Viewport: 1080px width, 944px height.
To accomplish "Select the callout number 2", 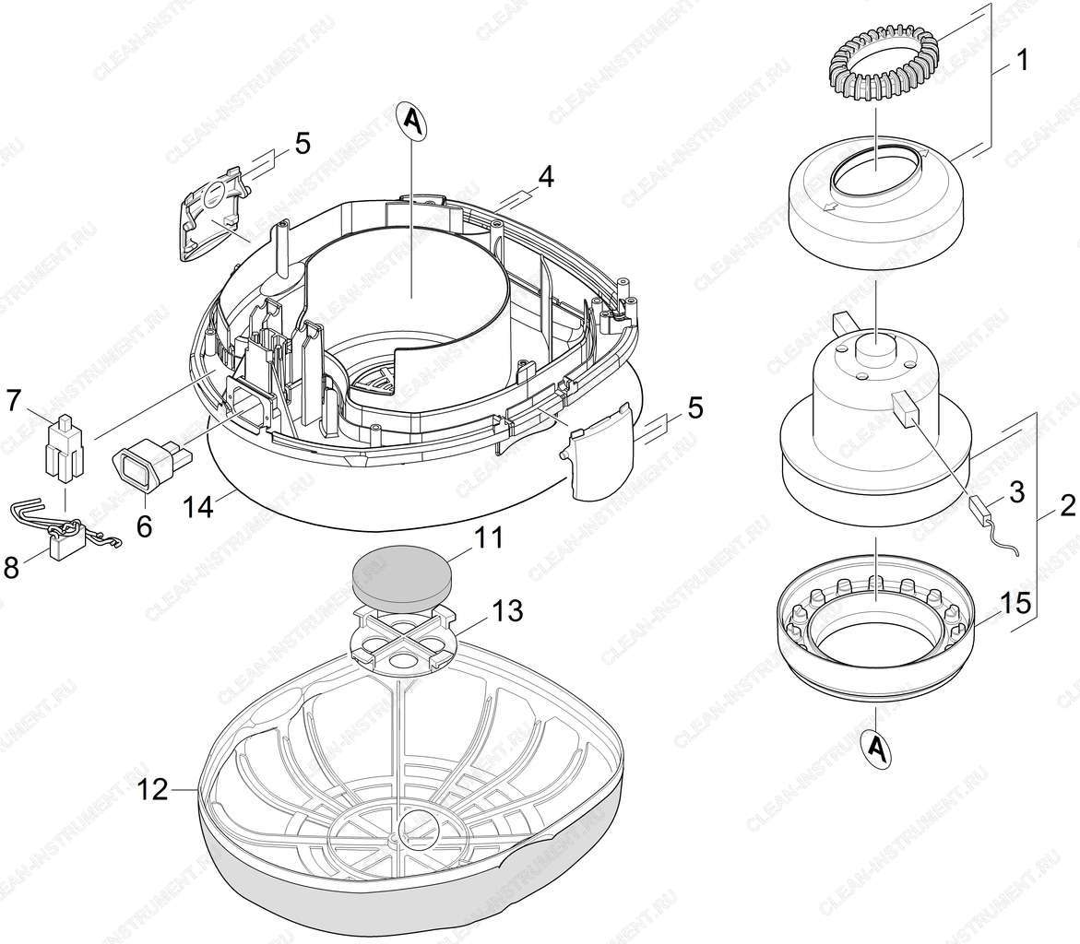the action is tap(1066, 507).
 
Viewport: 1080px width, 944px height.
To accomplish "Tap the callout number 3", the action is tap(1016, 492).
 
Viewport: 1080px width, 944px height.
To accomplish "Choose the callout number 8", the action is tap(12, 568).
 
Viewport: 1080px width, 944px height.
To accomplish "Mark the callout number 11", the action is tap(490, 537).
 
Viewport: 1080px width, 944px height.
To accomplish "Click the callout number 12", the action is tap(152, 790).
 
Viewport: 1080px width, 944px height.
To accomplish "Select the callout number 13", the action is tap(507, 610).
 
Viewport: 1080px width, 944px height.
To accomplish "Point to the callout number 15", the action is tap(1016, 603).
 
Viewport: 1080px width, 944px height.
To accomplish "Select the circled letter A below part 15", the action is tap(876, 747).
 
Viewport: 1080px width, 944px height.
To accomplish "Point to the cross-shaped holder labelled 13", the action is tap(401, 635).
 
